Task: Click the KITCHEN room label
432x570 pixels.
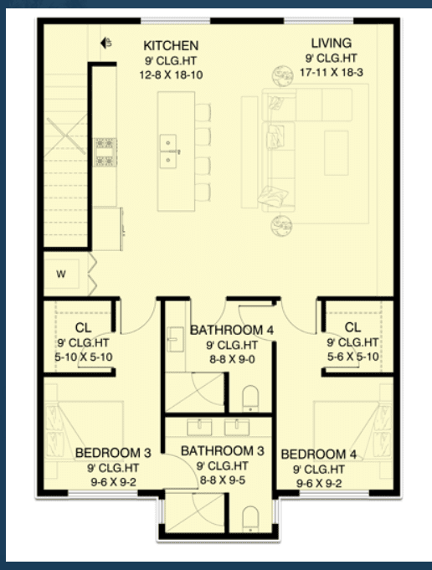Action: click(x=171, y=46)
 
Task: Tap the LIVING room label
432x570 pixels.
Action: click(x=332, y=44)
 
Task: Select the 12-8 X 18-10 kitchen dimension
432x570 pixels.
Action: click(x=171, y=74)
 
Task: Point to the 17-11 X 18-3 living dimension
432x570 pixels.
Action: click(x=332, y=72)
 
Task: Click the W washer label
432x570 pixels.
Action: click(x=61, y=274)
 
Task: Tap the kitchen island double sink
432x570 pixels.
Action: click(x=168, y=151)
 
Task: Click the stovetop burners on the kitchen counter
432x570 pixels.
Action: click(x=105, y=152)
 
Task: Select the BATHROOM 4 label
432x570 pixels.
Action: click(x=232, y=330)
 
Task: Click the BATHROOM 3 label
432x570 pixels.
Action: click(x=222, y=451)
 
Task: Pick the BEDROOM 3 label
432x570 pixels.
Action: click(x=113, y=453)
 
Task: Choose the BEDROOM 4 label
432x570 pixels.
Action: click(x=318, y=454)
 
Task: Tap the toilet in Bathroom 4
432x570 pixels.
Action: click(x=250, y=398)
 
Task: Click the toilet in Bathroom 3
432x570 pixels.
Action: click(x=250, y=519)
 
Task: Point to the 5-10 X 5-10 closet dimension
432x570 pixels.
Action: click(x=84, y=357)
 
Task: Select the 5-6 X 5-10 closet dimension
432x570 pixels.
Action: click(x=352, y=357)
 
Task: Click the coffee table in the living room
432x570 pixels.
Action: click(x=337, y=153)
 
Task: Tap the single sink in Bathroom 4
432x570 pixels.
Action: click(x=175, y=340)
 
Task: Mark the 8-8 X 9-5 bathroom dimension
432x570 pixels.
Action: click(x=222, y=480)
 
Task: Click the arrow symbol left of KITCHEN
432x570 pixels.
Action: click(x=105, y=43)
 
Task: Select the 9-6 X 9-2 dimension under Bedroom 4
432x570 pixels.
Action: click(x=319, y=484)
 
